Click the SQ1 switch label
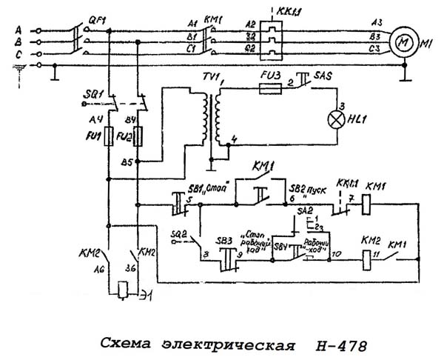point(97,96)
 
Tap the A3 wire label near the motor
point(377,23)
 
